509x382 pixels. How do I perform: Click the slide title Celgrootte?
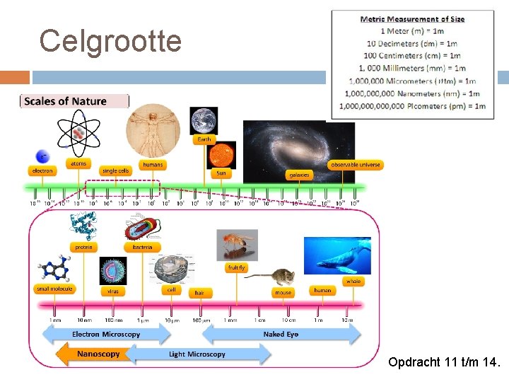click(x=110, y=41)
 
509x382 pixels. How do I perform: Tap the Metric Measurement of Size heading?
click(x=412, y=19)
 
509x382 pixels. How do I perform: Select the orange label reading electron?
click(x=41, y=170)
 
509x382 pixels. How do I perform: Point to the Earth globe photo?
click(x=204, y=120)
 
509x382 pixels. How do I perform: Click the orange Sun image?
click(x=221, y=155)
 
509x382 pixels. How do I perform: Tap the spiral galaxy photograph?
click(x=298, y=146)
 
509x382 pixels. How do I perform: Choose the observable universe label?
click(x=356, y=165)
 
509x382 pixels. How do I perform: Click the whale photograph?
click(x=337, y=255)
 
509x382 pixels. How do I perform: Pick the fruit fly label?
click(x=237, y=268)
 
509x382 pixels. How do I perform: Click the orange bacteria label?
click(x=142, y=247)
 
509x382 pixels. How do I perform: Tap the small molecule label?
click(x=54, y=288)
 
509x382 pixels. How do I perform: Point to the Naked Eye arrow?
click(x=281, y=334)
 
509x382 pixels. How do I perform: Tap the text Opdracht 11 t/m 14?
click(x=444, y=363)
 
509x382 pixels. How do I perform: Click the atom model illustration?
click(x=79, y=134)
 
